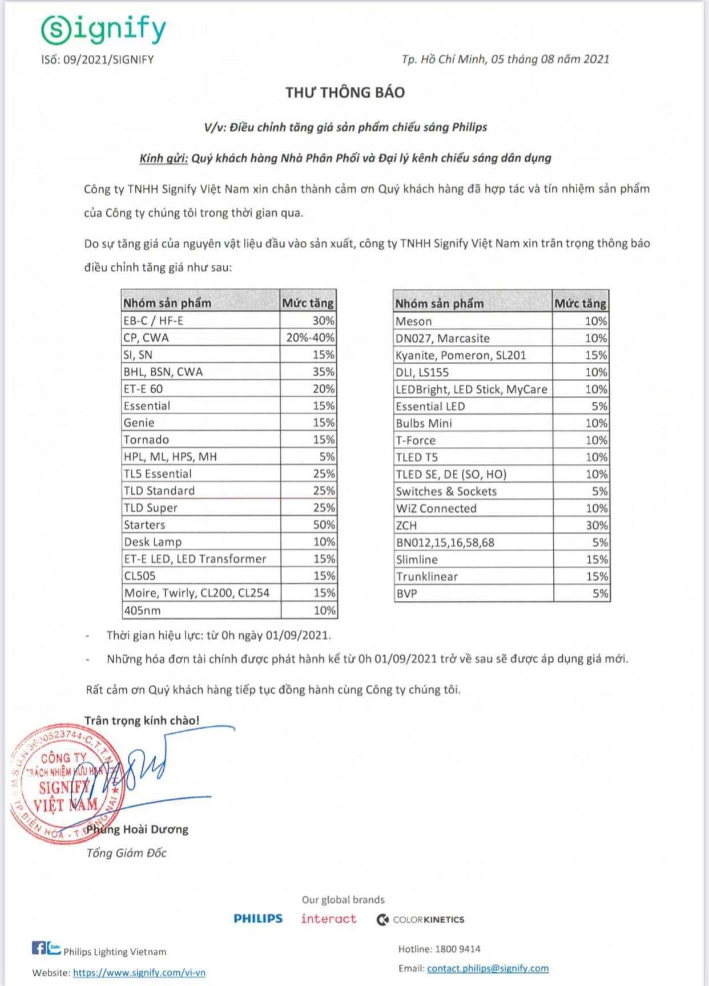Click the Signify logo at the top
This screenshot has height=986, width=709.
click(x=103, y=29)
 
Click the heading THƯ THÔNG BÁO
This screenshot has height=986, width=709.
click(x=345, y=92)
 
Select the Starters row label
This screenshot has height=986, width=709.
click(x=144, y=525)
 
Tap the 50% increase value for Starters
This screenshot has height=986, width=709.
click(x=324, y=525)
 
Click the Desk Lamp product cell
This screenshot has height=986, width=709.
click(x=152, y=542)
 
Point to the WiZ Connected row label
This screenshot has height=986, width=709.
click(x=436, y=508)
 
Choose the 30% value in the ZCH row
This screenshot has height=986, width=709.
click(x=596, y=526)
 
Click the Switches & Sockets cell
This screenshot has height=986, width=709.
click(x=446, y=491)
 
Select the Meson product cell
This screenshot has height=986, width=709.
click(x=414, y=321)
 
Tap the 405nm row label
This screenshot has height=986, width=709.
click(x=142, y=611)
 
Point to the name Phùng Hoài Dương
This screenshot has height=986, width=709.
click(x=137, y=830)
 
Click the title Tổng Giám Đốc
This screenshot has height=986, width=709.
click(x=126, y=853)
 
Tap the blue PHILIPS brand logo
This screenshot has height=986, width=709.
click(x=258, y=919)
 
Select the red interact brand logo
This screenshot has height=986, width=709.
click(x=329, y=919)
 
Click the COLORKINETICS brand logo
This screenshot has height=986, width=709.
click(x=420, y=920)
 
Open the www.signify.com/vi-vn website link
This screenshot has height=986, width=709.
click(x=139, y=973)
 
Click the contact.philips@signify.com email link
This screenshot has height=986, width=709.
click(x=488, y=968)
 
